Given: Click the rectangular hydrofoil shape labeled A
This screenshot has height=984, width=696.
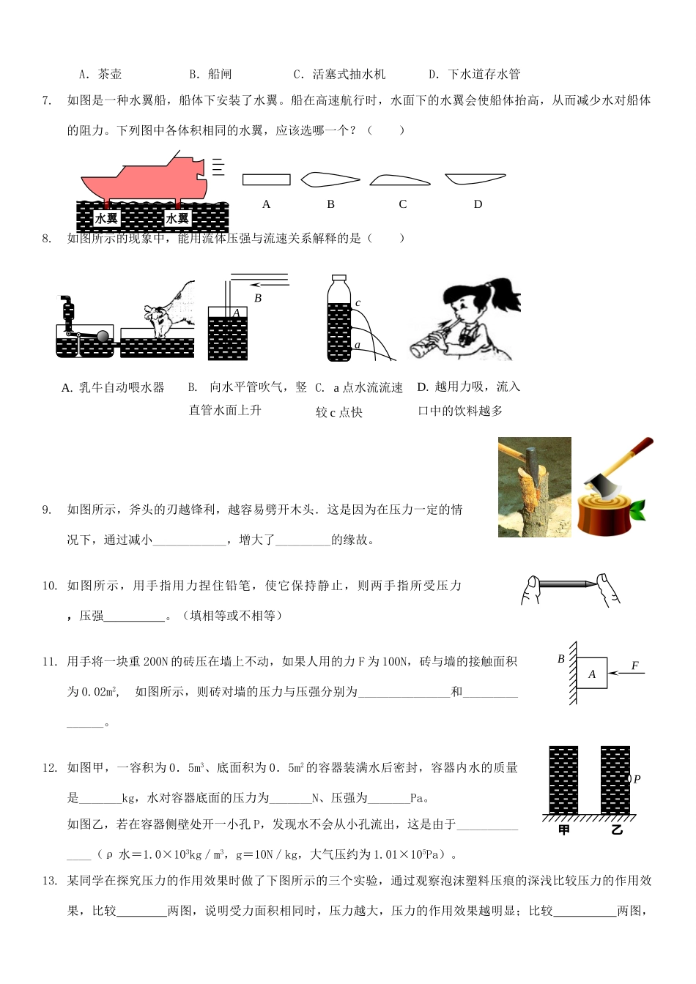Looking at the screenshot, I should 266,179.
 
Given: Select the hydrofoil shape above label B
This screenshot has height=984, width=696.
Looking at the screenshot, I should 330,179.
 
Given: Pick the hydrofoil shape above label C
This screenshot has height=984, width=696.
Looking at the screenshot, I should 399,180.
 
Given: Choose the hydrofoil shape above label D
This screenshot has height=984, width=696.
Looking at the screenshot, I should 474,179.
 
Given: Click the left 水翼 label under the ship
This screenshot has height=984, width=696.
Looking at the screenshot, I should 106,218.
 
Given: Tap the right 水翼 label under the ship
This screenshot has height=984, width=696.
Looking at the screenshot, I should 177,218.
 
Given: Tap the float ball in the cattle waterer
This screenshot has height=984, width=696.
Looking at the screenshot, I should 103,336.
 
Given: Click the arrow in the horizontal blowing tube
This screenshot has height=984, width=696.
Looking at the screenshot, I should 270,285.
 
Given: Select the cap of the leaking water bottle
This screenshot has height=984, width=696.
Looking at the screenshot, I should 338,279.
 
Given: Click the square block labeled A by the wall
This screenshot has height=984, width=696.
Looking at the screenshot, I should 592,674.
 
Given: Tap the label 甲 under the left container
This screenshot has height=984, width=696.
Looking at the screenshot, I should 563,830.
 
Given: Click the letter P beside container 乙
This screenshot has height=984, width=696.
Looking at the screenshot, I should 637,779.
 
